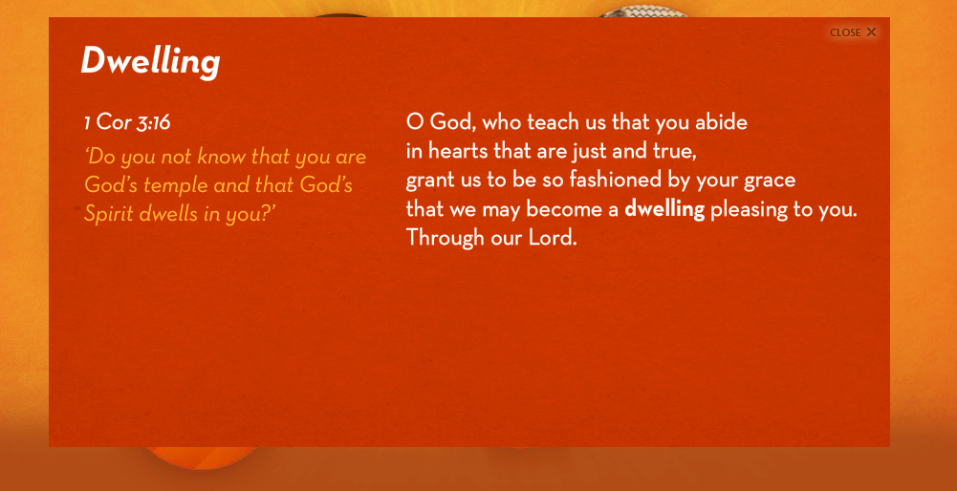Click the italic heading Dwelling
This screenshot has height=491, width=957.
click(x=150, y=61)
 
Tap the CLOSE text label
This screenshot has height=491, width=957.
click(x=845, y=32)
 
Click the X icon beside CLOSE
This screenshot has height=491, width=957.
click(x=872, y=32)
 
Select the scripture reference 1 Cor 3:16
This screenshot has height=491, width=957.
click(x=127, y=122)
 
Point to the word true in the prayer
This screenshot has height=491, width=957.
click(x=676, y=152)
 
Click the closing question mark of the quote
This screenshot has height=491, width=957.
click(x=264, y=213)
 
